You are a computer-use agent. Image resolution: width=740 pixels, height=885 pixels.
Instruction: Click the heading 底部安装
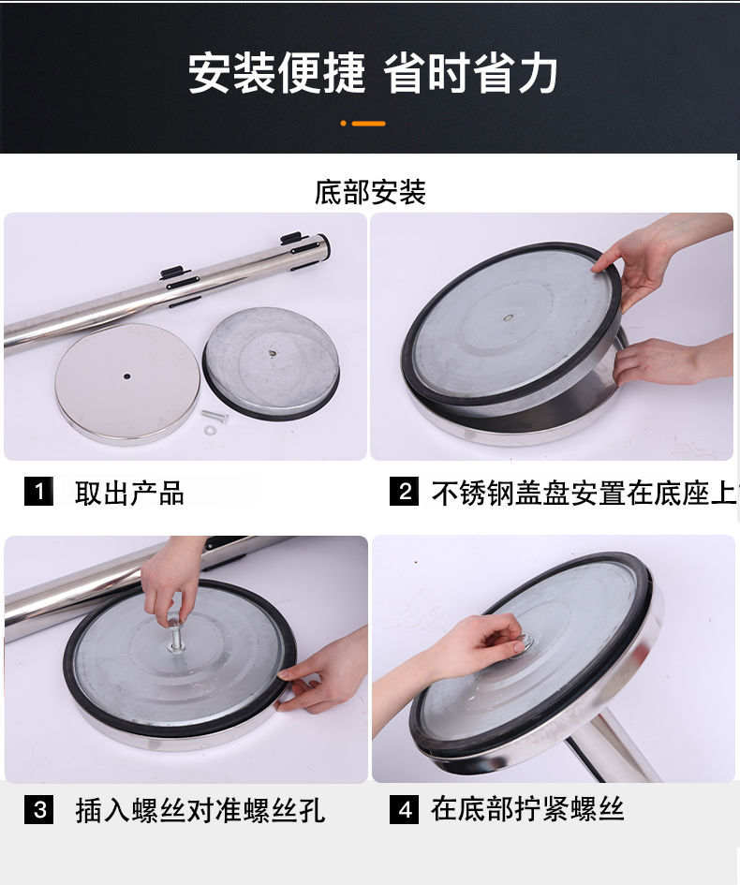(370, 193)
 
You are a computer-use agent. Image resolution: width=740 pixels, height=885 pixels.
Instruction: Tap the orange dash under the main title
(368, 123)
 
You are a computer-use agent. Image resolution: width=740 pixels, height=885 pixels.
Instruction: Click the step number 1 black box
(38, 491)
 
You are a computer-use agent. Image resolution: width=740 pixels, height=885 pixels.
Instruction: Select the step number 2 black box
(404, 491)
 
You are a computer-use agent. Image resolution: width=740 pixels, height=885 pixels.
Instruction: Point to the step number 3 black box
(38, 809)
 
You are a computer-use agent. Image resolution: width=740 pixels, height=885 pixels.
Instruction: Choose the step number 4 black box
(404, 809)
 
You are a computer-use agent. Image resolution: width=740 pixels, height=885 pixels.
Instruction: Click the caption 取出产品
(129, 493)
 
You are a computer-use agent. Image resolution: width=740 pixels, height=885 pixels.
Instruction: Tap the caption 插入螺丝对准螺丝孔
(200, 810)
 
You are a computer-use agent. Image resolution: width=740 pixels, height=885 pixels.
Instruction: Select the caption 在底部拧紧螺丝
(527, 809)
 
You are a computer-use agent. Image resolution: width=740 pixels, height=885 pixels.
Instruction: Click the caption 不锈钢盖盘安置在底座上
(585, 493)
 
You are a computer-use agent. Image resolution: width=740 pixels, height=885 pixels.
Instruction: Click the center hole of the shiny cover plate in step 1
(127, 376)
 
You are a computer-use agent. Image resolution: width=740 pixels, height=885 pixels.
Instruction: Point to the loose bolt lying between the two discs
(215, 417)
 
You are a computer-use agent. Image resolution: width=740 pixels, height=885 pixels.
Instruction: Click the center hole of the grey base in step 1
(272, 354)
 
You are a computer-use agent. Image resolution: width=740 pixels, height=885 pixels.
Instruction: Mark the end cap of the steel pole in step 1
(321, 249)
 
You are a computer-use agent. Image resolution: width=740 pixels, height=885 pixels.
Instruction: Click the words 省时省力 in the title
(471, 73)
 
